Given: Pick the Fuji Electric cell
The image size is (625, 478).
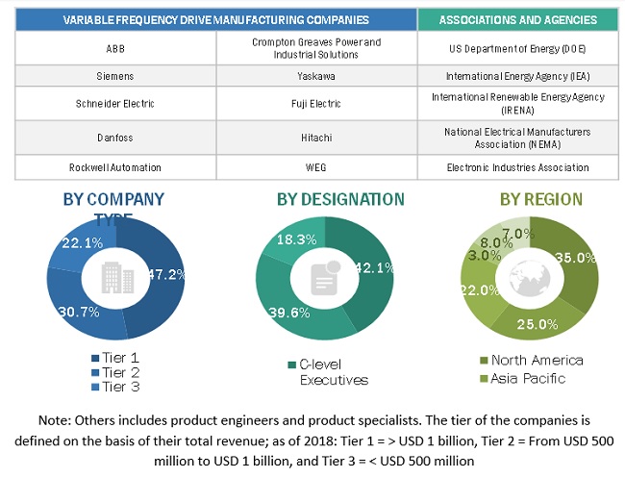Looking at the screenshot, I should (x=316, y=102).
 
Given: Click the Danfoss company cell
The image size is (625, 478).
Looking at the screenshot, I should (x=115, y=137).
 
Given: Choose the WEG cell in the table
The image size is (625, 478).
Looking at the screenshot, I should (x=316, y=167).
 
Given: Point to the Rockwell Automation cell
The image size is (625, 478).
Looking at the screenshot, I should (x=115, y=167).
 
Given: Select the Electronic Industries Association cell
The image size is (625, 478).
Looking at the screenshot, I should (x=517, y=167).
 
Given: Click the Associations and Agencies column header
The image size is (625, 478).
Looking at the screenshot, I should (x=517, y=19).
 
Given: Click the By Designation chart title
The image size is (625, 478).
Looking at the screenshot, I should (x=340, y=200).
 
